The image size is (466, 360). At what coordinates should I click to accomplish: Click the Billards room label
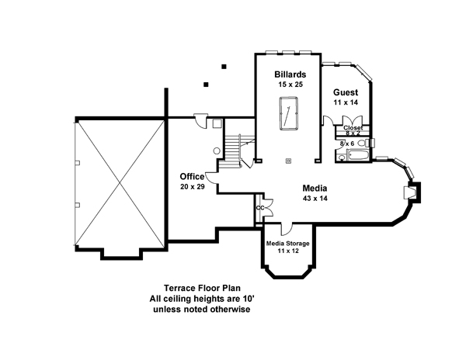[x=290, y=74]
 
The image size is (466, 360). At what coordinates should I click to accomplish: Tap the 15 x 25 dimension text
[x=290, y=85]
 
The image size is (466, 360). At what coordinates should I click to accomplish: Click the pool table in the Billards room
[x=288, y=113]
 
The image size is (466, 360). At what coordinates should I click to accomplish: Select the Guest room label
[x=346, y=92]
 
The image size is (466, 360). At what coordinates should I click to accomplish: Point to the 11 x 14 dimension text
[x=346, y=102]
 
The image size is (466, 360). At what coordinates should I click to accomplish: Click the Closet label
[x=353, y=128]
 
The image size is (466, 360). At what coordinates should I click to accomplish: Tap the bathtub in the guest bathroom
[x=358, y=155]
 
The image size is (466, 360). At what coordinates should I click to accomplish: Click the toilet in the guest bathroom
[x=365, y=143]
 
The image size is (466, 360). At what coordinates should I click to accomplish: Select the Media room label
[x=315, y=189]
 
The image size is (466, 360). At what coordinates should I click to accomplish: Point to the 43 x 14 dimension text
[x=315, y=199]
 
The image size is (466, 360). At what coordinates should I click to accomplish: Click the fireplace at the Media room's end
[x=412, y=192]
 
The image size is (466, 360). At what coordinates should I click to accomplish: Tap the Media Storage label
[x=287, y=244]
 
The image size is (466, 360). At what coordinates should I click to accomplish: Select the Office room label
[x=192, y=177]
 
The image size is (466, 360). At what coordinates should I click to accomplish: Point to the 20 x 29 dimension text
[x=193, y=187]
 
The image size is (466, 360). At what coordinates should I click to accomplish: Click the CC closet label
[x=260, y=208]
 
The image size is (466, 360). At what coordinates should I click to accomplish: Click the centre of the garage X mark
[x=120, y=183]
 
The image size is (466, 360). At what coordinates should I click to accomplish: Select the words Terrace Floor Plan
[x=202, y=288]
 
